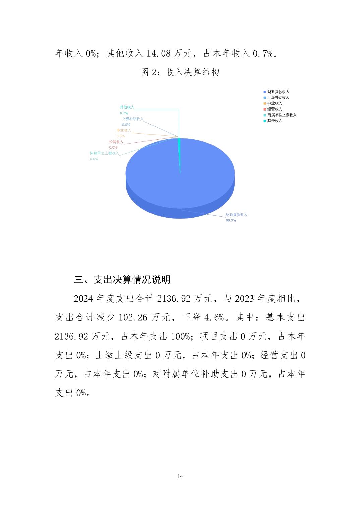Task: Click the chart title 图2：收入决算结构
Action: pyautogui.click(x=180, y=72)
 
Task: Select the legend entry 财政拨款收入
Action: pyautogui.click(x=278, y=92)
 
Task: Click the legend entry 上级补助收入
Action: pyautogui.click(x=278, y=97)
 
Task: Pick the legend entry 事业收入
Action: pyautogui.click(x=275, y=103)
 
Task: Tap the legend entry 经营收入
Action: pyautogui.click(x=275, y=109)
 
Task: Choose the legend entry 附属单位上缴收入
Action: pyautogui.click(x=282, y=115)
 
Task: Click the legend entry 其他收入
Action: pyautogui.click(x=275, y=121)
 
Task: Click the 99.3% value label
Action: pyautogui.click(x=231, y=220)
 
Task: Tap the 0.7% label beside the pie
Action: pyautogui.click(x=124, y=113)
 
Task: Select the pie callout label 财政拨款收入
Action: pyautogui.click(x=236, y=215)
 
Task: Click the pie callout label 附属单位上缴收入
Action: pyautogui.click(x=104, y=153)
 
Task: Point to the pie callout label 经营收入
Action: pyautogui.click(x=116, y=142)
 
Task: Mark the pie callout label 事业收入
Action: pyautogui.click(x=124, y=130)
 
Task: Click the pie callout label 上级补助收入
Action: pyautogui.click(x=132, y=119)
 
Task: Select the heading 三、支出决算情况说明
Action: pyautogui.click(x=122, y=279)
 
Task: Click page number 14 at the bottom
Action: pyautogui.click(x=180, y=476)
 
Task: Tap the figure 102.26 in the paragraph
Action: pyautogui.click(x=133, y=317)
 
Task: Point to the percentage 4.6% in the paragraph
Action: pyautogui.click(x=214, y=317)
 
